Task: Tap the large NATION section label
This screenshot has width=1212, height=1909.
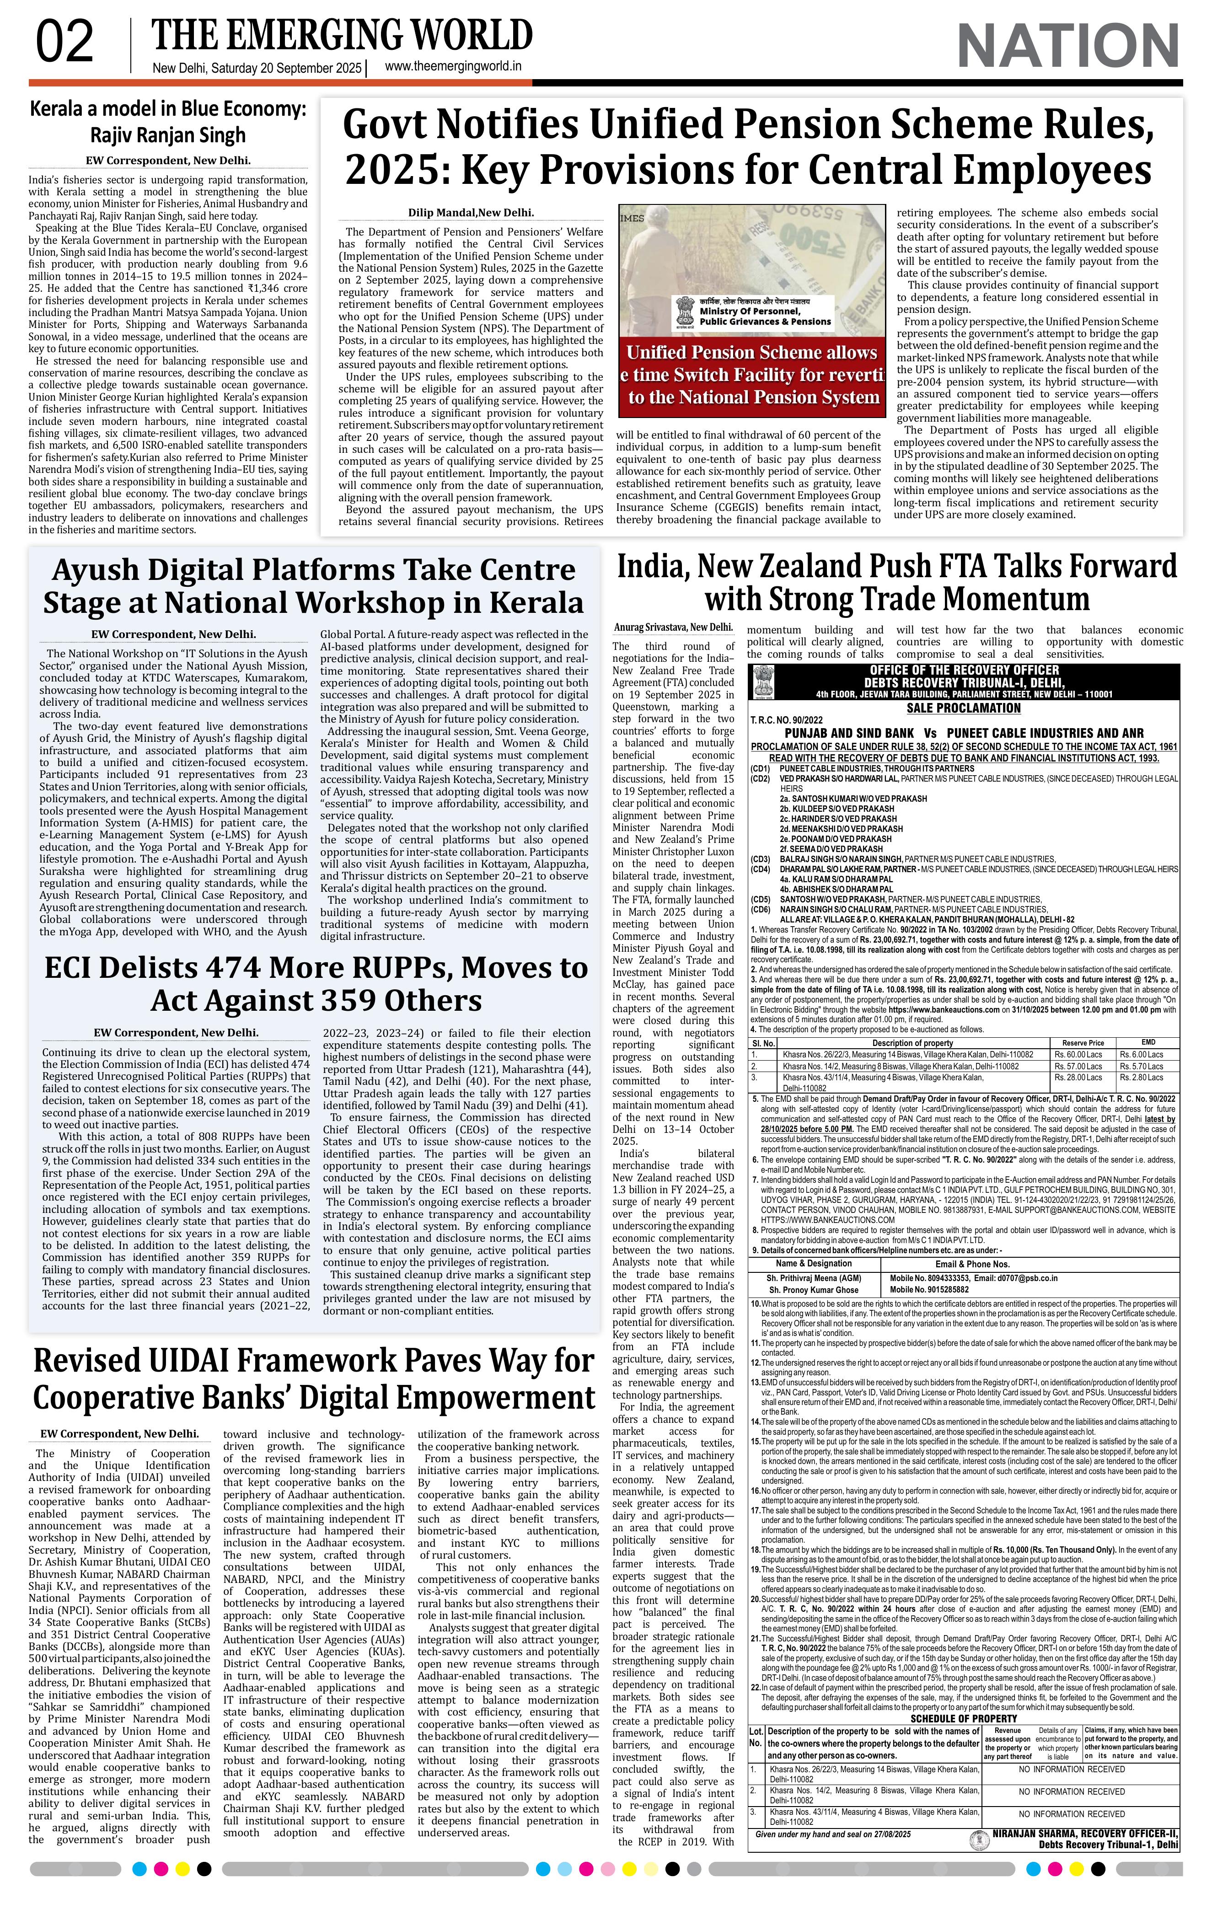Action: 1068,46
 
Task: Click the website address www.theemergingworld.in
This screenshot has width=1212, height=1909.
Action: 453,67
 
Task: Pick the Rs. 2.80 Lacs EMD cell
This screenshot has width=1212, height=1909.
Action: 1142,1078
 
